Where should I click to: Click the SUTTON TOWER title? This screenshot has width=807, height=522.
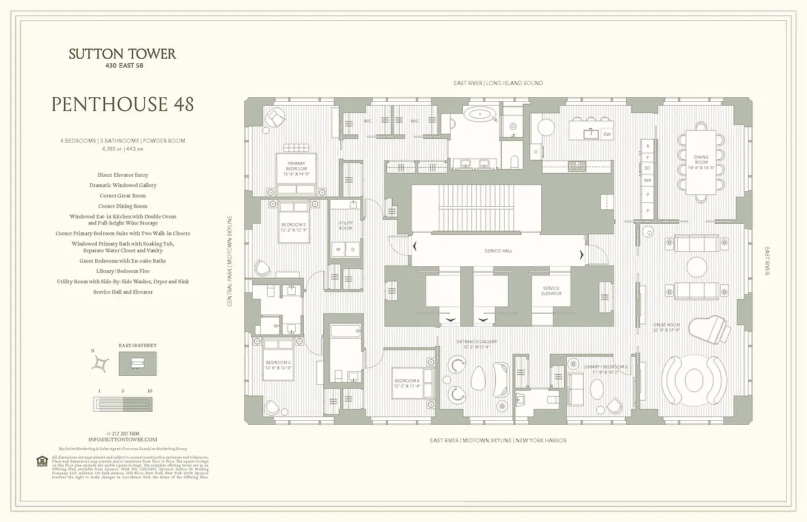click(122, 54)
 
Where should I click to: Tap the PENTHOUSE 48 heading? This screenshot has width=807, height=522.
click(122, 104)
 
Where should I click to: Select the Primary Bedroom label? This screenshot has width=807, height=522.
click(296, 166)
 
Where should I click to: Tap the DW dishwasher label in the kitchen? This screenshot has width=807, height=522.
click(607, 134)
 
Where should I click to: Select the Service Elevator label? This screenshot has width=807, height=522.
click(551, 291)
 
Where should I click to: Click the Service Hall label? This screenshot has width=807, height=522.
click(498, 251)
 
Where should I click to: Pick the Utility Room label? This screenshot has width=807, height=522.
click(345, 226)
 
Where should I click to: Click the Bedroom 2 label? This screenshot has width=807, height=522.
click(294, 227)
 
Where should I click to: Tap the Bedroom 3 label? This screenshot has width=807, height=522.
click(278, 365)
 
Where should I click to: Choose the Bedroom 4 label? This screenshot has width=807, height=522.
click(407, 383)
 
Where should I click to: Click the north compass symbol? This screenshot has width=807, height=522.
click(99, 363)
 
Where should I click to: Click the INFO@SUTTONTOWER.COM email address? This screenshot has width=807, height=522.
click(123, 440)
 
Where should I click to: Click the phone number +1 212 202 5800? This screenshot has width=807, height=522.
click(123, 433)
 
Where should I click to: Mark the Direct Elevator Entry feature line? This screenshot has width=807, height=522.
click(123, 175)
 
